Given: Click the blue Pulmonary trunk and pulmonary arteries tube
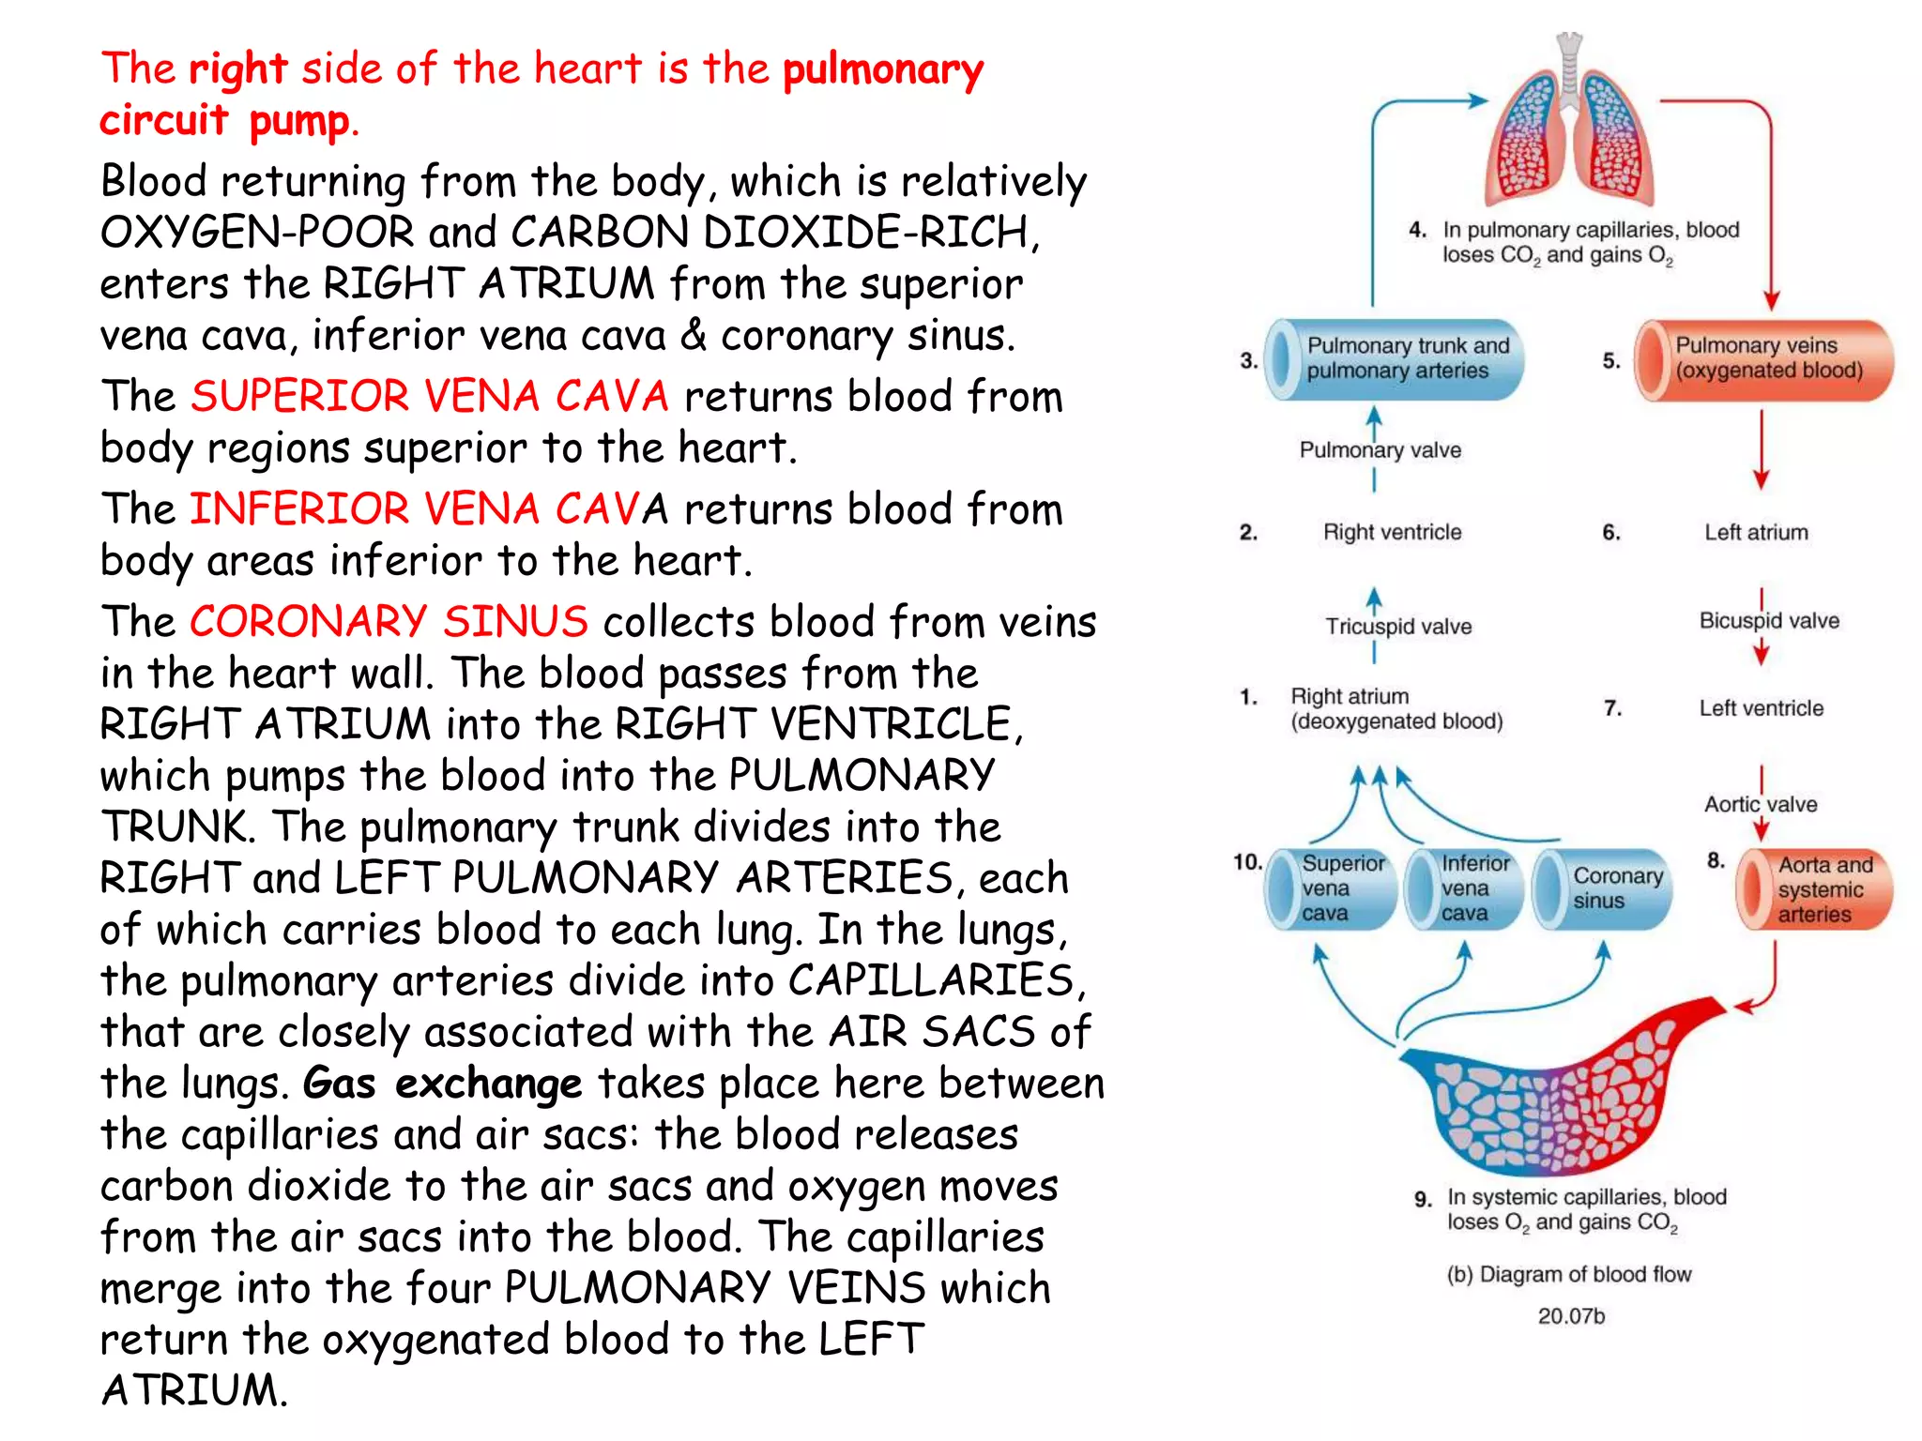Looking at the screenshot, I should click(x=1395, y=359).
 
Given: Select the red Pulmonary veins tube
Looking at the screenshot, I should click(x=1764, y=359).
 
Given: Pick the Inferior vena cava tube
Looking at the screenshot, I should click(x=1465, y=888).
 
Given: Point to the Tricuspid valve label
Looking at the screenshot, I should click(x=1398, y=627).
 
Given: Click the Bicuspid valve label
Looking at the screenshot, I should click(x=1769, y=621).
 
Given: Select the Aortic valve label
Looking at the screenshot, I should click(x=1761, y=805).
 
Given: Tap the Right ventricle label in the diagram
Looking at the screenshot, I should click(x=1392, y=533).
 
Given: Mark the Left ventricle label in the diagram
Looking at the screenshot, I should click(x=1761, y=709).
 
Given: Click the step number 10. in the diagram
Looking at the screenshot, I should click(x=1247, y=862).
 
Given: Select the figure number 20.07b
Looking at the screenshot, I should click(x=1570, y=1316).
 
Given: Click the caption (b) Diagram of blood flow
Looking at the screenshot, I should click(x=1568, y=1275).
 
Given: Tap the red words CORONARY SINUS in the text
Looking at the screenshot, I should click(x=389, y=622).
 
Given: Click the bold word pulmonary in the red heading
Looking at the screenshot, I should click(x=883, y=69).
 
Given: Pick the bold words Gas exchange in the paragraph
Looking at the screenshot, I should click(x=442, y=1085).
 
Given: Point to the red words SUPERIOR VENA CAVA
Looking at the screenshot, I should click(x=430, y=397).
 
